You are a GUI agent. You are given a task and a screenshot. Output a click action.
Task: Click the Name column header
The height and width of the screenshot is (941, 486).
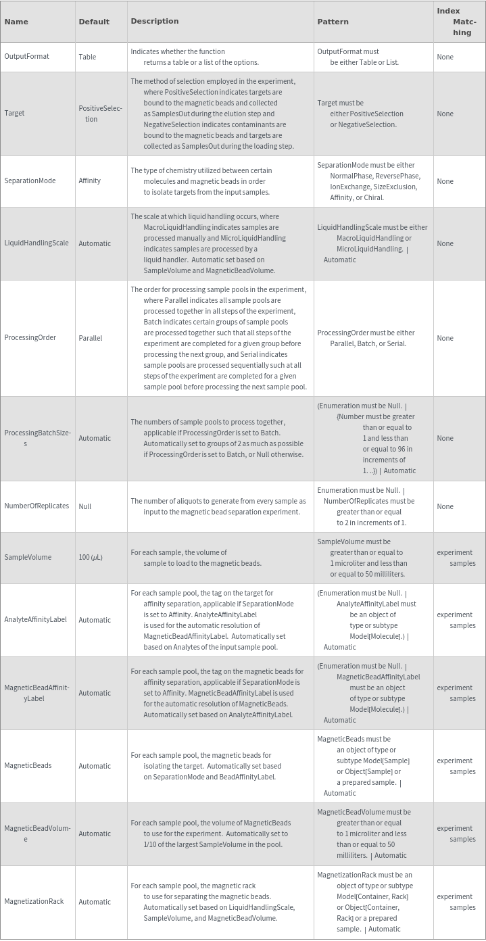coord(16,22)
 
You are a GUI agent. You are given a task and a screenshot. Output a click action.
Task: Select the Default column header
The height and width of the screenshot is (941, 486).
coord(94,22)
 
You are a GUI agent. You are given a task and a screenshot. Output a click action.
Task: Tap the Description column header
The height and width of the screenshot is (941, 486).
coord(155,21)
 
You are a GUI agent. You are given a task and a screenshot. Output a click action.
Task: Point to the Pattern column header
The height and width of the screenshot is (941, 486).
coord(333,22)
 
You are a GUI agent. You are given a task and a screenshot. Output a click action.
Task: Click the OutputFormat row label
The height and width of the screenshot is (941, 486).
coord(26,57)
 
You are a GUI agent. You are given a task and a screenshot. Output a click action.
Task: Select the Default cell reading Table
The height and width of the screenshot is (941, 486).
coord(87,57)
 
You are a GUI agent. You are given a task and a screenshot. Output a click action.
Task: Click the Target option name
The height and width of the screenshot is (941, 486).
coord(14,114)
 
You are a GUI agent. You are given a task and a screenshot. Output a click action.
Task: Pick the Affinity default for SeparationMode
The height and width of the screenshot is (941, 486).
coord(89,181)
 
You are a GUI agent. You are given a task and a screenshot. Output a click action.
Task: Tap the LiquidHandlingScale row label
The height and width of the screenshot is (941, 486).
coord(36,243)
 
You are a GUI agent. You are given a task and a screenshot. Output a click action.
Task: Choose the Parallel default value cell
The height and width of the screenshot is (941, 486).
coord(90,338)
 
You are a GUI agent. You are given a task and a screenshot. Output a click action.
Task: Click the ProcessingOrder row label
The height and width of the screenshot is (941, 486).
coord(30,338)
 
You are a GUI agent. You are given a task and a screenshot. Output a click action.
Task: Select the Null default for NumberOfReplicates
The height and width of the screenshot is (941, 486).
coord(84,506)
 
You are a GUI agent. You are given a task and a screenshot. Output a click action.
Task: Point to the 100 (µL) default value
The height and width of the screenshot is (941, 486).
coord(91,558)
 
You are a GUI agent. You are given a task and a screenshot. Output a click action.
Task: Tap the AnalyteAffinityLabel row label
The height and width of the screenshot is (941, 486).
coord(35,620)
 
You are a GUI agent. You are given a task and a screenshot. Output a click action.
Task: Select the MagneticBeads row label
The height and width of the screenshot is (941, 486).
coord(28,766)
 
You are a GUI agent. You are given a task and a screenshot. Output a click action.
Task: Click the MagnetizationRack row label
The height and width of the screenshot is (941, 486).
coord(34,902)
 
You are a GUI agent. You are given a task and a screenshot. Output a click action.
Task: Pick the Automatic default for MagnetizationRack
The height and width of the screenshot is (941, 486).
coord(95,902)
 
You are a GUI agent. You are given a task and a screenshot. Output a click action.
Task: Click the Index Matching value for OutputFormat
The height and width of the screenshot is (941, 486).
coord(445,57)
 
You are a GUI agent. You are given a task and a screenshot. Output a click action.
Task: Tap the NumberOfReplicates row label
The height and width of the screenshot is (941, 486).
coord(37,506)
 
